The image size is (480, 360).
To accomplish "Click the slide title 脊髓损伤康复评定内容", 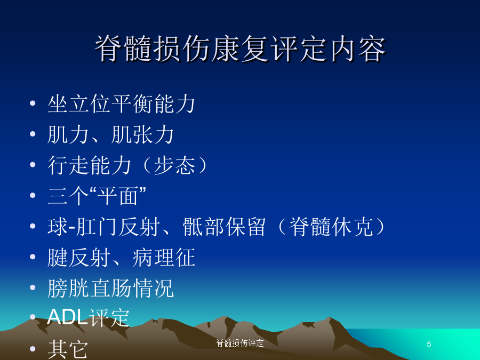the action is pyautogui.click(x=241, y=49).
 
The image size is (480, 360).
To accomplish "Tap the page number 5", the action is pyautogui.click(x=429, y=345).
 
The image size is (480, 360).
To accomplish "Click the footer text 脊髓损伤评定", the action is pyautogui.click(x=240, y=343).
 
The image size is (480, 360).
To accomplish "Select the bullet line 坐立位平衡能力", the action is pyautogui.click(x=121, y=104).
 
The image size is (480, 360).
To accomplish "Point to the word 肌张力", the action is pyautogui.click(x=142, y=134).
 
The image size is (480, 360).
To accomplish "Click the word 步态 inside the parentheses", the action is pyautogui.click(x=175, y=165).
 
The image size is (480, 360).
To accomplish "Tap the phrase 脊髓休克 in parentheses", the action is pyautogui.click(x=331, y=227).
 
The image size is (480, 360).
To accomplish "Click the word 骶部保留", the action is pyautogui.click(x=224, y=227).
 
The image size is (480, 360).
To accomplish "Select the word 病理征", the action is pyautogui.click(x=164, y=258).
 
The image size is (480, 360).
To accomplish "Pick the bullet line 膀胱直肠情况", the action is pyautogui.click(x=111, y=288).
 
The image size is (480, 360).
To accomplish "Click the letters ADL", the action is pyautogui.click(x=67, y=317).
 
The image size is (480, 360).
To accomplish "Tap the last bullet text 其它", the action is pyautogui.click(x=68, y=349).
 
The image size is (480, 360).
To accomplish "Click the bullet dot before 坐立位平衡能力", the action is pyautogui.click(x=33, y=103).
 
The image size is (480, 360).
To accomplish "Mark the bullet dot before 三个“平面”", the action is pyautogui.click(x=33, y=195).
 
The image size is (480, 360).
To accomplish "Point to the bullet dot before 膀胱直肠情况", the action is pyautogui.click(x=33, y=287).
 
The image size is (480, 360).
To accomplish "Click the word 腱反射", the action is pyautogui.click(x=79, y=258).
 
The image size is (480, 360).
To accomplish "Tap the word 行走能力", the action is pyautogui.click(x=90, y=165).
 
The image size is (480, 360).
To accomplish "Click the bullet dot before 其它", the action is pyautogui.click(x=33, y=349).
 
